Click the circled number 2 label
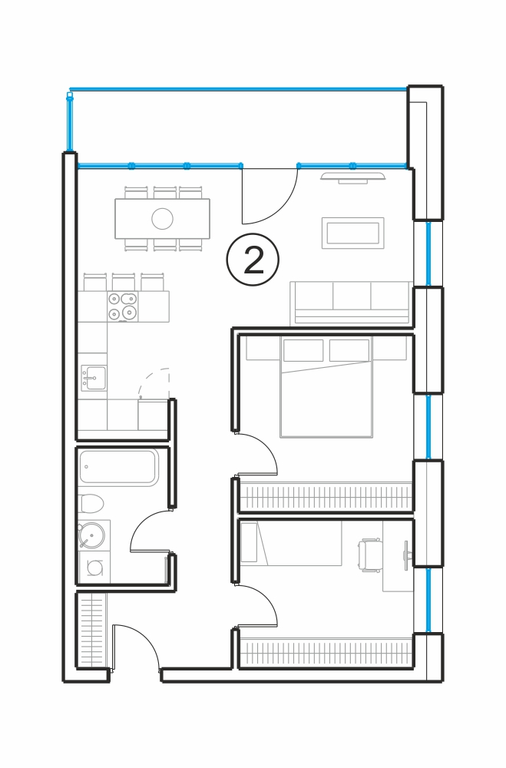point(253,260)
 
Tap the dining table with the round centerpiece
point(162,218)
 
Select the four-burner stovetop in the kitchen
point(122,306)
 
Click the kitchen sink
point(94,378)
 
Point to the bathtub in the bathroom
point(118,467)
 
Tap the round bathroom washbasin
point(91,535)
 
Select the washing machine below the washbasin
point(94,568)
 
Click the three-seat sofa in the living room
point(351,303)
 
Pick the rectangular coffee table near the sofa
point(352,233)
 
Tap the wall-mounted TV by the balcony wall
point(352,177)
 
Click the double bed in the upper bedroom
point(326,386)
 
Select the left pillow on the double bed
point(303,350)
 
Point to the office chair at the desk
point(370,555)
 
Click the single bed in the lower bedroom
point(291,543)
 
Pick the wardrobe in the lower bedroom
point(326,653)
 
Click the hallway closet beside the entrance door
point(91,630)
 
